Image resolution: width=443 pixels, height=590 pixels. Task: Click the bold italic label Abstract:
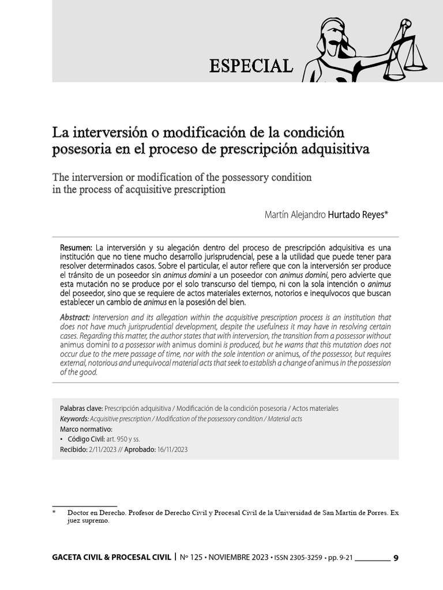tap(75, 318)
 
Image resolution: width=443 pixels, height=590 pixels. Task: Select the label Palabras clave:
tap(81, 408)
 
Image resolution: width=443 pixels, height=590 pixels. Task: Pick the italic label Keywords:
tap(74, 418)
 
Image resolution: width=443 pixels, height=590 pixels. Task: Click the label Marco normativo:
tap(86, 429)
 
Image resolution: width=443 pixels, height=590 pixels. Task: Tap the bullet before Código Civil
tap(62, 439)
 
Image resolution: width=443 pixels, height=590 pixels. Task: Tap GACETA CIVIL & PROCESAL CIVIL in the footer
tap(112, 558)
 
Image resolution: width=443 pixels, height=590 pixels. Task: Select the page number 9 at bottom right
tap(395, 558)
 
